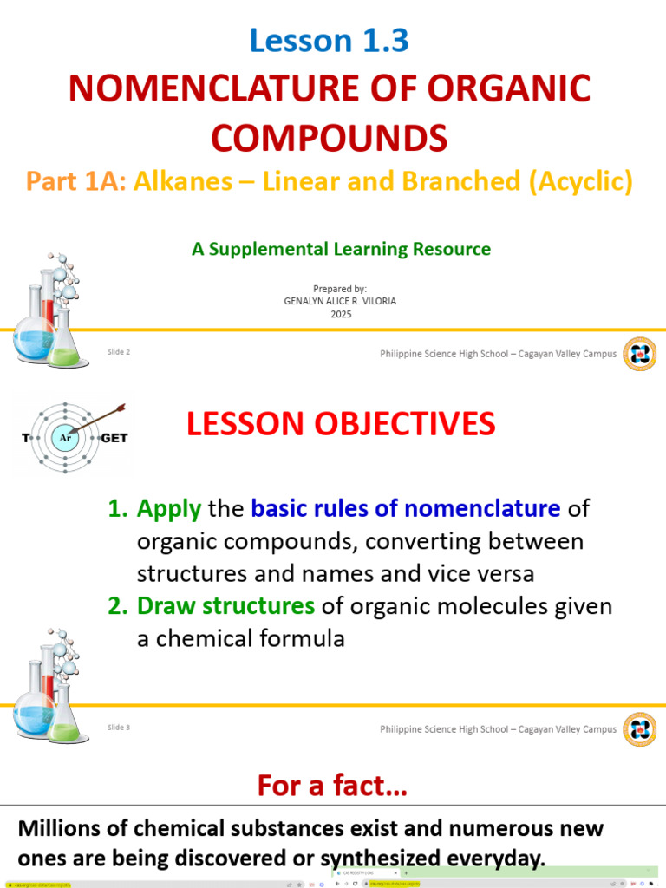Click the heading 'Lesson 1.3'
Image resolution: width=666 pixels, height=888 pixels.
coord(329,41)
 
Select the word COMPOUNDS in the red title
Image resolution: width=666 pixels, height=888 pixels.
coord(330,137)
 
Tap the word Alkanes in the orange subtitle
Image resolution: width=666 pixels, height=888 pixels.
coord(183,181)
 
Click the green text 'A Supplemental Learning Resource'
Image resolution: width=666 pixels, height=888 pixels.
coord(341,250)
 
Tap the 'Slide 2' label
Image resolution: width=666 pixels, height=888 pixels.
coord(119,352)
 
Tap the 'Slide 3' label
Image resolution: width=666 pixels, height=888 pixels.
coord(119,728)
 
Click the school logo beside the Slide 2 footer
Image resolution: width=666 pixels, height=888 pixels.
coord(640,354)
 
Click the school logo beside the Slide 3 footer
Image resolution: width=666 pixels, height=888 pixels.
coord(640,729)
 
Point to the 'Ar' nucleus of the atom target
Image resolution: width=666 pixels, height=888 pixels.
coord(66,438)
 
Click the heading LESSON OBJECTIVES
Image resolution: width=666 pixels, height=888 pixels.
coord(341,425)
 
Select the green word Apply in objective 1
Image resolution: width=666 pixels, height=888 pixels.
coord(169,509)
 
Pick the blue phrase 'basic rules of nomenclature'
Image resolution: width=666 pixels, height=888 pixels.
coord(406,509)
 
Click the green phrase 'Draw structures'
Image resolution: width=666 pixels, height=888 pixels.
coord(225,606)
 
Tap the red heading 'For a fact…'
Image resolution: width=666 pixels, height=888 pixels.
coord(332,787)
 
